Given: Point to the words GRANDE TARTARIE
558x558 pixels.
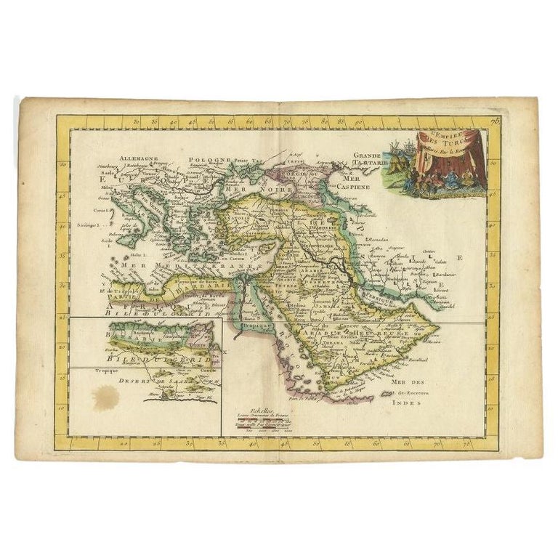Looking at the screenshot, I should pyautogui.click(x=372, y=160).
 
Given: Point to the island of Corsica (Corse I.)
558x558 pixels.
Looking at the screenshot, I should pyautogui.click(x=108, y=210).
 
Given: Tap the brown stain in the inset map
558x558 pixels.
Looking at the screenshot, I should pyautogui.click(x=105, y=397).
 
